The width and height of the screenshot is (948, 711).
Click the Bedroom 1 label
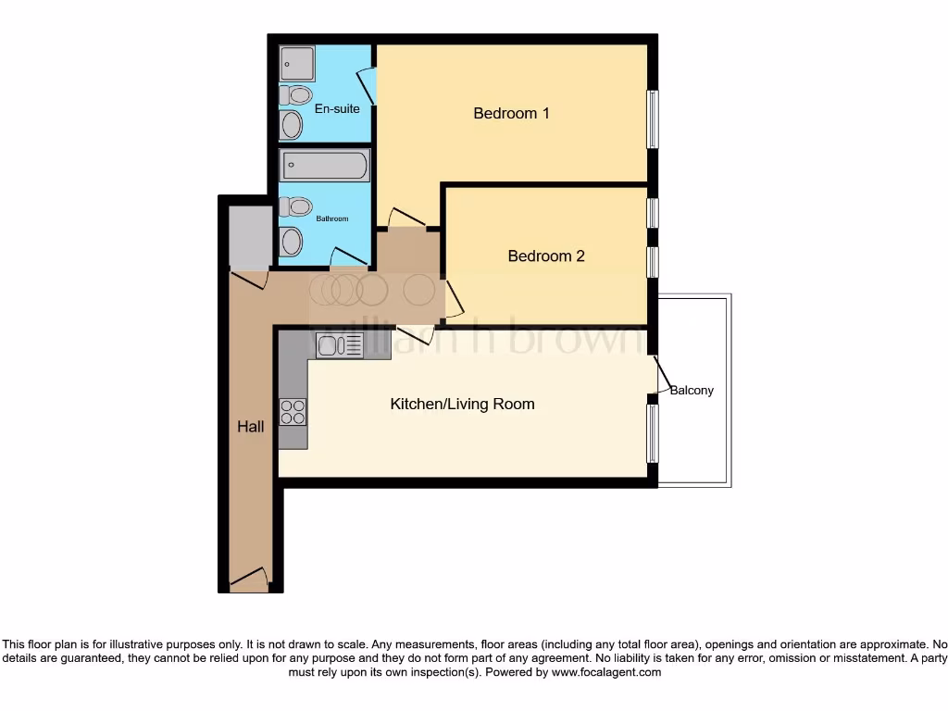pyautogui.click(x=511, y=113)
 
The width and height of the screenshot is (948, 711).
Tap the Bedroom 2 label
pyautogui.click(x=546, y=256)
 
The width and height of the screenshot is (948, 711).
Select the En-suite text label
pyautogui.click(x=337, y=108)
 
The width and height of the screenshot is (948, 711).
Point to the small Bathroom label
pyautogui.click(x=332, y=218)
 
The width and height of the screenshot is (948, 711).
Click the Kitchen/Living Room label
pyautogui.click(x=462, y=404)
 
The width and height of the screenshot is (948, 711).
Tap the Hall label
pyautogui.click(x=251, y=427)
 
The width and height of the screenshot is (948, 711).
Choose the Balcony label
pyautogui.click(x=692, y=390)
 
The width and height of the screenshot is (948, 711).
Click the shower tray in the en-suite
pyautogui.click(x=297, y=63)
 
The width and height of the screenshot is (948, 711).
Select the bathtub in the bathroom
pyautogui.click(x=325, y=167)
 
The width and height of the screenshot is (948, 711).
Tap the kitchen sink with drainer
pyautogui.click(x=339, y=345)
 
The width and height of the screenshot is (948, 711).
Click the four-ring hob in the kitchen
pyautogui.click(x=293, y=411)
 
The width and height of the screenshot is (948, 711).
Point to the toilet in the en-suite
pyautogui.click(x=296, y=94)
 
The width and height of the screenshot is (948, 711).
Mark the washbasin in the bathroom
pyautogui.click(x=291, y=242)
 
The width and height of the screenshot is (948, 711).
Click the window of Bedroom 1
pyautogui.click(x=653, y=118)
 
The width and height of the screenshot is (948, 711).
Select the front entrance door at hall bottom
pyautogui.click(x=249, y=582)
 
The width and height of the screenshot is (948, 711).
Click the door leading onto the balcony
pyautogui.click(x=663, y=375)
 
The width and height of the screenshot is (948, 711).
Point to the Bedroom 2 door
pyautogui.click(x=453, y=300)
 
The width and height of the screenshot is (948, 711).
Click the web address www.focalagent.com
pyautogui.click(x=605, y=672)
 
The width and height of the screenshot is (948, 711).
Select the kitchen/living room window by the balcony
pyautogui.click(x=653, y=433)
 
